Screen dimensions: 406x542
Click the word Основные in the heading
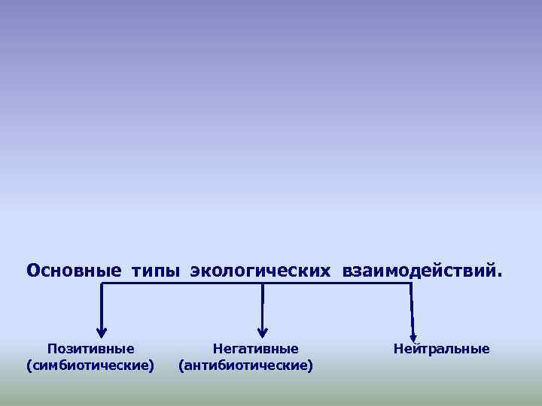click(73, 269)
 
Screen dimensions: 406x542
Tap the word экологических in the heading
click(260, 270)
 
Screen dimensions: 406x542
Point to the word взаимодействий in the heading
click(418, 269)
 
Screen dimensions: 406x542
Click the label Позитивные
click(90, 349)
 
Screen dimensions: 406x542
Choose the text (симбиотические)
click(90, 365)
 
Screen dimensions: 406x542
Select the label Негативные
click(256, 349)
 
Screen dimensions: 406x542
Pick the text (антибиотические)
click(245, 365)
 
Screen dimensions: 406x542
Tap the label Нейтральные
click(441, 349)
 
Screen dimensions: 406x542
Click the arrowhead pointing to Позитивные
click(102, 332)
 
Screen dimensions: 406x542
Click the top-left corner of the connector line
click(102, 284)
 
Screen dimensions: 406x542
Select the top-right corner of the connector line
click(411, 284)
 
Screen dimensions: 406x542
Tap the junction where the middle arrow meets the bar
click(263, 284)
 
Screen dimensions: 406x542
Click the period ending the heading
click(495, 274)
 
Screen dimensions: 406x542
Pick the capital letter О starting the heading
click(32, 269)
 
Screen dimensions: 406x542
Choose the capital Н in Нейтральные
click(398, 349)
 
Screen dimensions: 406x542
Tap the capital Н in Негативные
click(218, 349)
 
